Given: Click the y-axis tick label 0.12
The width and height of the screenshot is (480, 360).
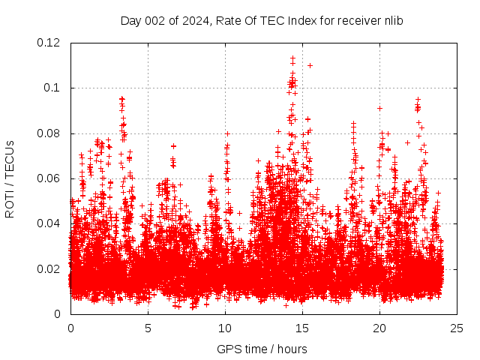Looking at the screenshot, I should [x=49, y=43].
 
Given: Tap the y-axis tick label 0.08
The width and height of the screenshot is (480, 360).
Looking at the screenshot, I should [x=49, y=133].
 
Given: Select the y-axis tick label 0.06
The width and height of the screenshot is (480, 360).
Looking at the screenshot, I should [x=49, y=178].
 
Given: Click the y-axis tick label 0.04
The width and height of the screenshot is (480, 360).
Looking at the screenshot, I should [x=49, y=223].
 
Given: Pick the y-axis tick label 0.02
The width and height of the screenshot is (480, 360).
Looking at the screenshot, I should [x=49, y=269].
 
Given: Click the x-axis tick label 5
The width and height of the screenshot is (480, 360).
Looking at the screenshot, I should [x=148, y=328].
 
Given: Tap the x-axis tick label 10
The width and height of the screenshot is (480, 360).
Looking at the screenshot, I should [x=225, y=328].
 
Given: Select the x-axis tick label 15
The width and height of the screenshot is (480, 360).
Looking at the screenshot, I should [x=302, y=328].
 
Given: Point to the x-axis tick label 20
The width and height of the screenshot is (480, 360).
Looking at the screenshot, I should [x=379, y=328].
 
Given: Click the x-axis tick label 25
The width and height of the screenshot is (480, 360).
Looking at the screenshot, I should [x=457, y=328].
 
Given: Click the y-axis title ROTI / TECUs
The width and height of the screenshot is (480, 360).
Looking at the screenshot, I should [x=10, y=178].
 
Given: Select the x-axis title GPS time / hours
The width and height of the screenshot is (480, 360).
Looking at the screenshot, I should [x=262, y=349].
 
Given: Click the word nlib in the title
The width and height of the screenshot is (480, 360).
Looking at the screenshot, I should [x=393, y=21].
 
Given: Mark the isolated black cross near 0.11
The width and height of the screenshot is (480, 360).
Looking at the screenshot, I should [x=310, y=65].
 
